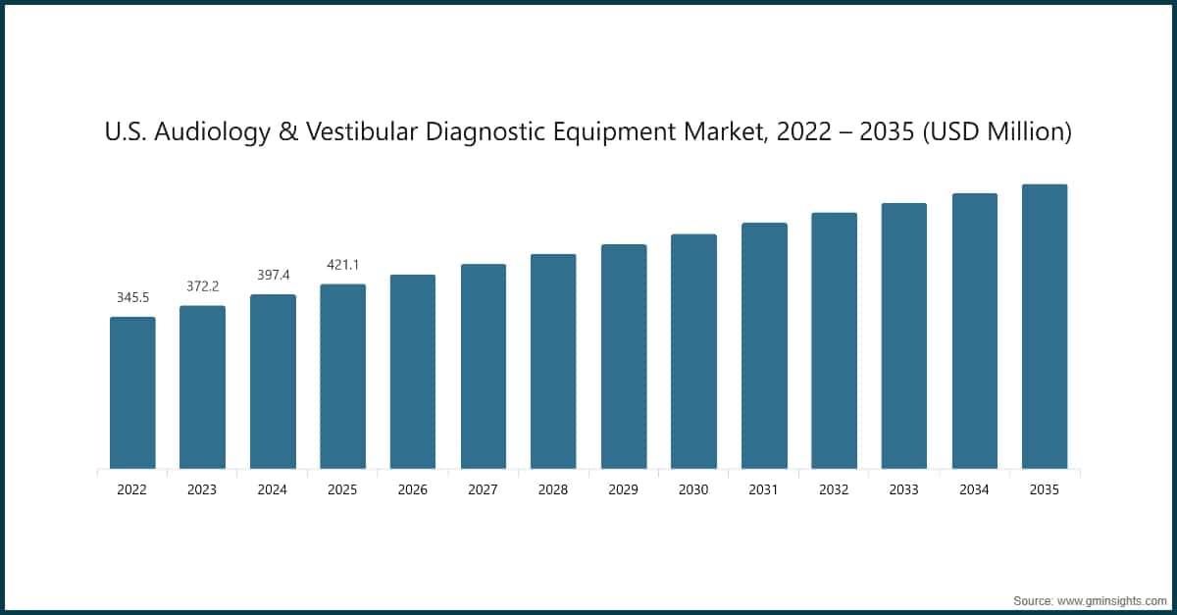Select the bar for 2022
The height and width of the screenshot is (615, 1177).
click(x=132, y=392)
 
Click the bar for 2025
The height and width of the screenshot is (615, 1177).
click(x=342, y=377)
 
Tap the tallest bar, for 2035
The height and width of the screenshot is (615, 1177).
click(x=1045, y=327)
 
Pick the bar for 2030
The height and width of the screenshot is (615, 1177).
click(x=693, y=351)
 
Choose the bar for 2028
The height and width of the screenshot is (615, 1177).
click(x=553, y=361)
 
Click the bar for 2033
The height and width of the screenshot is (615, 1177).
click(x=904, y=335)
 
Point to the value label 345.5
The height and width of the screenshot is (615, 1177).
click(x=132, y=296)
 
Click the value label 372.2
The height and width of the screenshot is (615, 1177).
click(x=202, y=285)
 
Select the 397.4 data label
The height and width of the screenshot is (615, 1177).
click(x=273, y=275)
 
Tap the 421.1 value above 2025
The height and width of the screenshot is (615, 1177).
click(x=342, y=264)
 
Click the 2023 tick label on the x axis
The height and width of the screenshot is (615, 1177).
click(x=202, y=489)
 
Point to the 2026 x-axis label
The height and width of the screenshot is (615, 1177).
click(x=413, y=489)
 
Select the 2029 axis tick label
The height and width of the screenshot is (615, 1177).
click(x=624, y=489)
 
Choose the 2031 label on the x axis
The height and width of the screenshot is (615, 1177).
click(x=764, y=489)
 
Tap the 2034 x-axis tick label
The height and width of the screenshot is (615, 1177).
click(x=974, y=489)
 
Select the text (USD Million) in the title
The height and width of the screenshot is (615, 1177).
click(x=1001, y=131)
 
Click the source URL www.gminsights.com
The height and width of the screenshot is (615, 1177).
click(x=1108, y=599)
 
